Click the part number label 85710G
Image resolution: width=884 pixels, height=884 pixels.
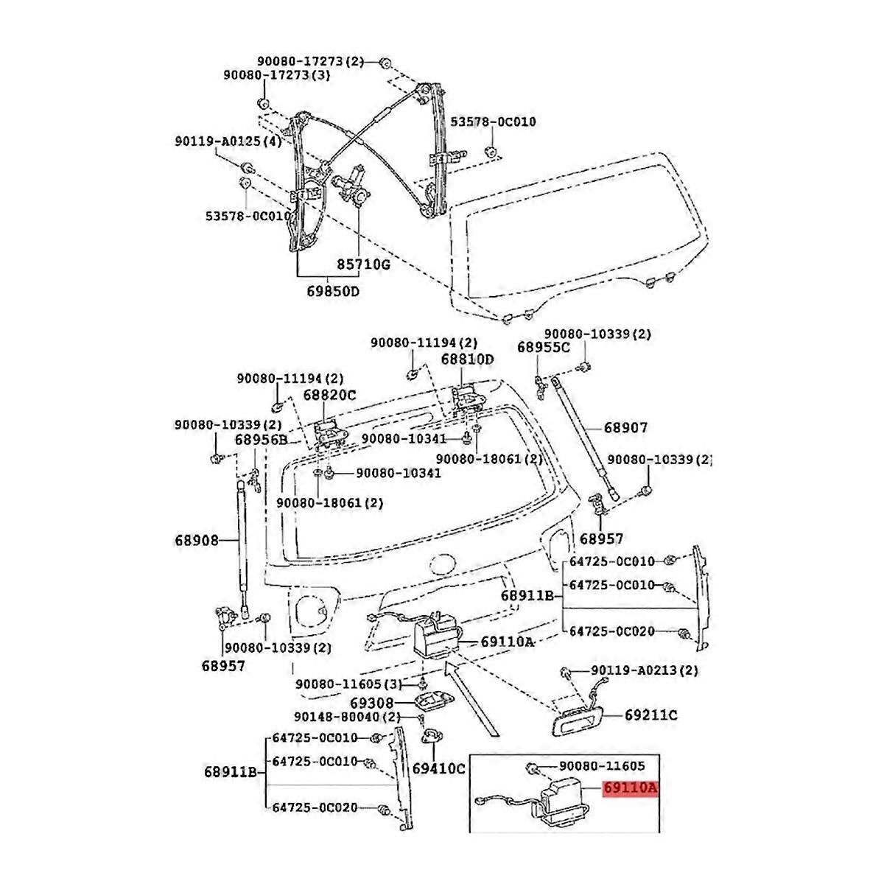(363, 264)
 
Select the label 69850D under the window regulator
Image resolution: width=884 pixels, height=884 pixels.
(333, 291)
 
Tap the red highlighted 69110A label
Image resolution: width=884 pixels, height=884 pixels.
(630, 787)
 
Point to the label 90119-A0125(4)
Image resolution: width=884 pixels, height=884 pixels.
(228, 141)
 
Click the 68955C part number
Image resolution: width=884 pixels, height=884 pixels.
(543, 347)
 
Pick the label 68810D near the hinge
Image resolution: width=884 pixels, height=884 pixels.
(468, 359)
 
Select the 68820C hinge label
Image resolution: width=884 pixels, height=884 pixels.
(329, 395)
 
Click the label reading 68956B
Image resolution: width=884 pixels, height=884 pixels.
(261, 440)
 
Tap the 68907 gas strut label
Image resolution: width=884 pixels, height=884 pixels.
(625, 428)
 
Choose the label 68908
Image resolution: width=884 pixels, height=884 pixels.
(197, 541)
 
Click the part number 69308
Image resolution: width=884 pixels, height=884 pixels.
(371, 704)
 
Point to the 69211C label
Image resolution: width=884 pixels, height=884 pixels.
(651, 715)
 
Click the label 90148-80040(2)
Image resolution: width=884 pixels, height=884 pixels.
(347, 717)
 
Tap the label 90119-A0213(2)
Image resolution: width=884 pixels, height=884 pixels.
(645, 670)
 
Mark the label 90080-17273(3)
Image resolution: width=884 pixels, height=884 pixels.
(277, 75)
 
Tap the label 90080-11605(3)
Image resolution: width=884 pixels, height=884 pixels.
(348, 684)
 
